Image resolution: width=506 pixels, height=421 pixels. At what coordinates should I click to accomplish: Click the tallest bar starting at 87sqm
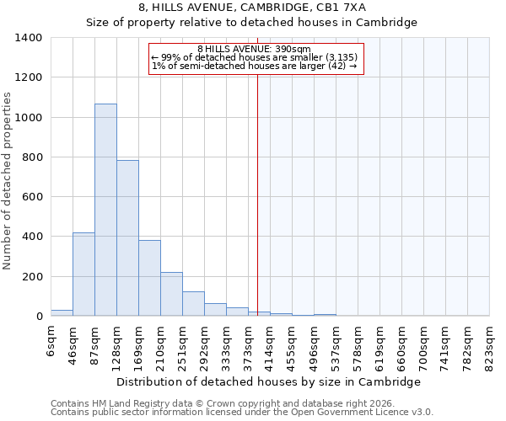(105, 210)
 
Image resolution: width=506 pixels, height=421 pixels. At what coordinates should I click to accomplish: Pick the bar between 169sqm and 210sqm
(149, 279)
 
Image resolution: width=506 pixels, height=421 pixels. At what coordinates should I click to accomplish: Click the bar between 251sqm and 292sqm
(193, 304)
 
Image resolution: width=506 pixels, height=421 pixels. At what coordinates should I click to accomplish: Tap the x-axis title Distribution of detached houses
(268, 382)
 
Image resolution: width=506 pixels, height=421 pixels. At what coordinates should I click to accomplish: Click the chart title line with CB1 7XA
(252, 8)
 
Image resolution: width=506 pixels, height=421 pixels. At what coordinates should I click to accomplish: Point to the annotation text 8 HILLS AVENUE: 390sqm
(254, 50)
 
